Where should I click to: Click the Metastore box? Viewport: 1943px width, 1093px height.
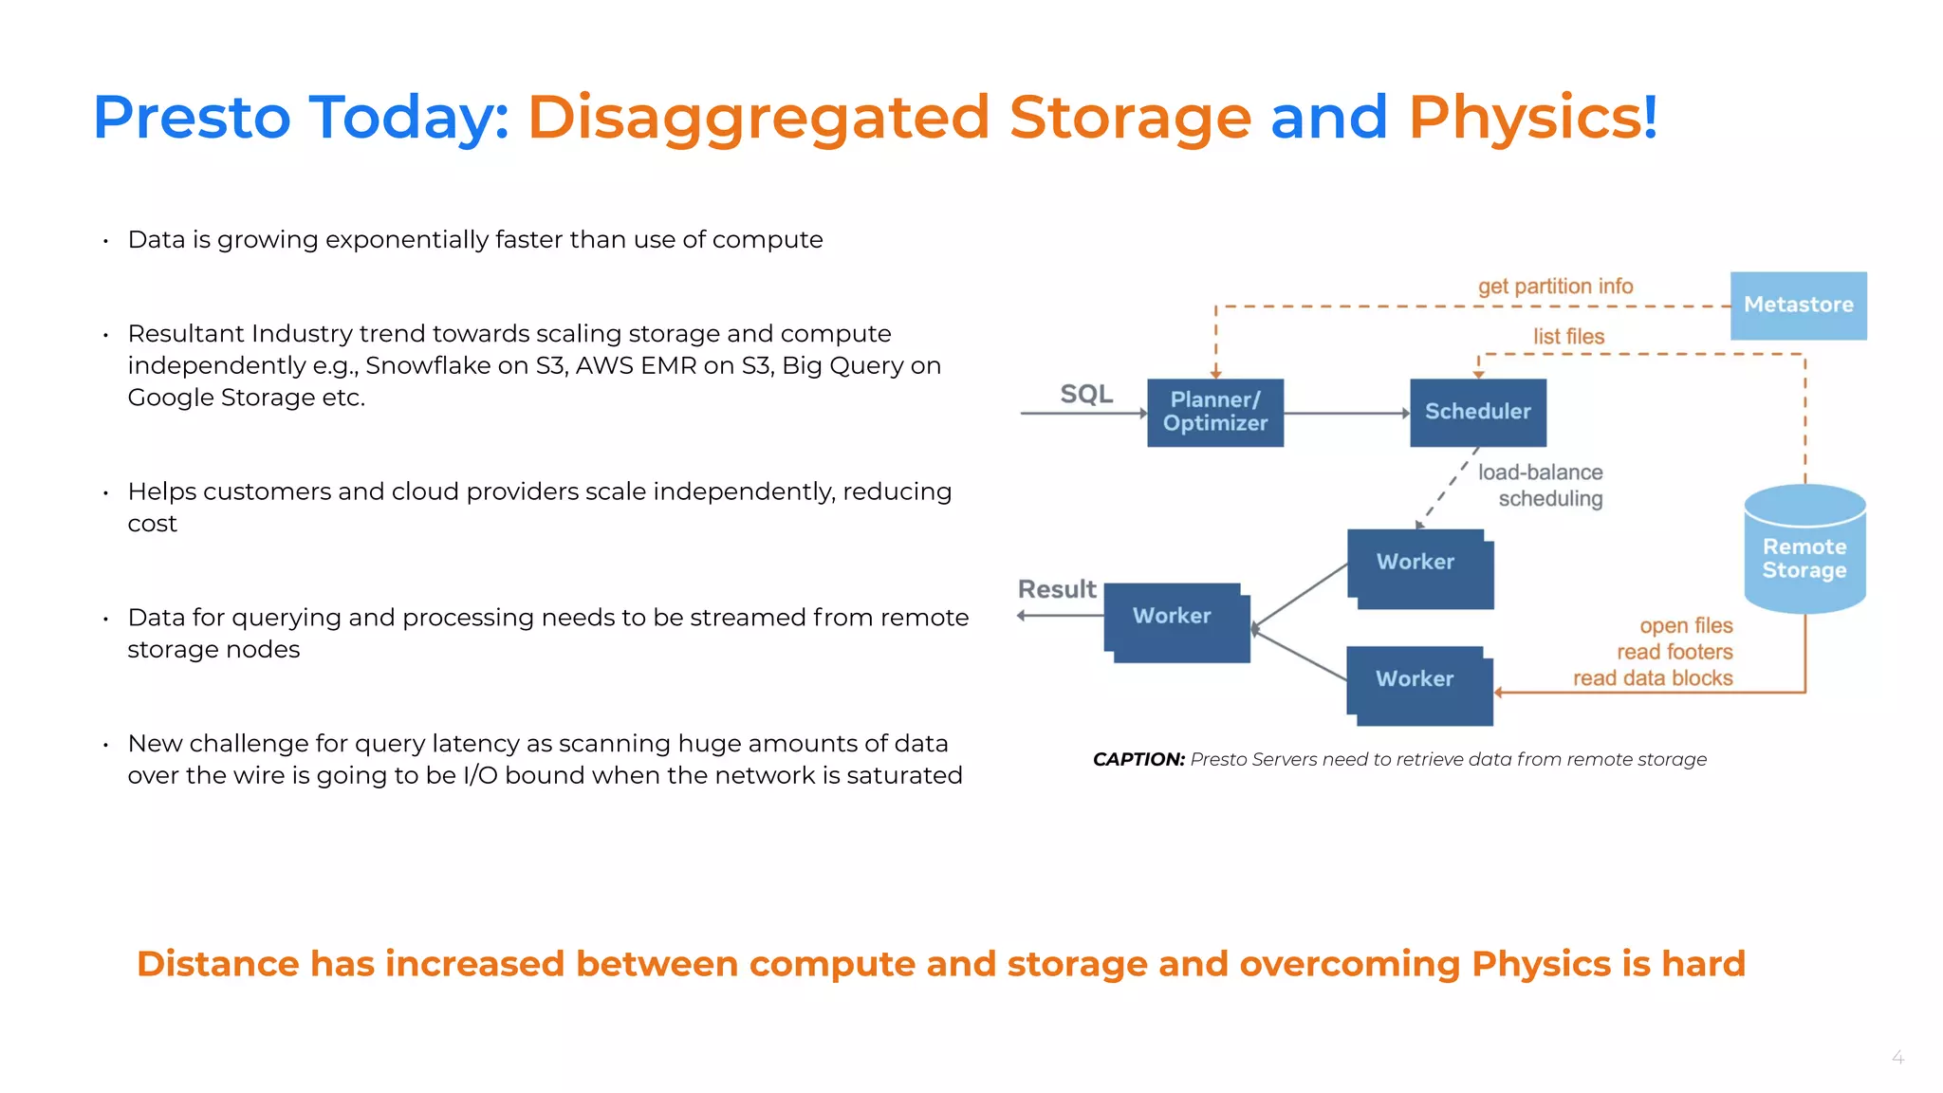[1798, 306]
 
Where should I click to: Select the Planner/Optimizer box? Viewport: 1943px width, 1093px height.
[1214, 413]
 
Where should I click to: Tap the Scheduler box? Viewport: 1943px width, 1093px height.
[1477, 413]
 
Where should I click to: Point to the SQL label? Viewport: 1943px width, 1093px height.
[1086, 394]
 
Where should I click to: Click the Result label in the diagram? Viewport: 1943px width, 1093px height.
[1056, 589]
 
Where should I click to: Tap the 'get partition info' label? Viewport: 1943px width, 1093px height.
[1555, 287]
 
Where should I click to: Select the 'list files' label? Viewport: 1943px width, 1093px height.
[1568, 337]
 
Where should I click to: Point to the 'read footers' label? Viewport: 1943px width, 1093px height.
[1675, 652]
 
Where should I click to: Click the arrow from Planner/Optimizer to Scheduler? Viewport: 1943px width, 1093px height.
[1346, 414]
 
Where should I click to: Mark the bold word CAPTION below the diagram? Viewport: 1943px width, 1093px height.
[1138, 759]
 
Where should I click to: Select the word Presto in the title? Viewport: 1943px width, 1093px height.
[192, 118]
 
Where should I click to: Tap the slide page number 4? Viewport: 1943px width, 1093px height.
[1897, 1057]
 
